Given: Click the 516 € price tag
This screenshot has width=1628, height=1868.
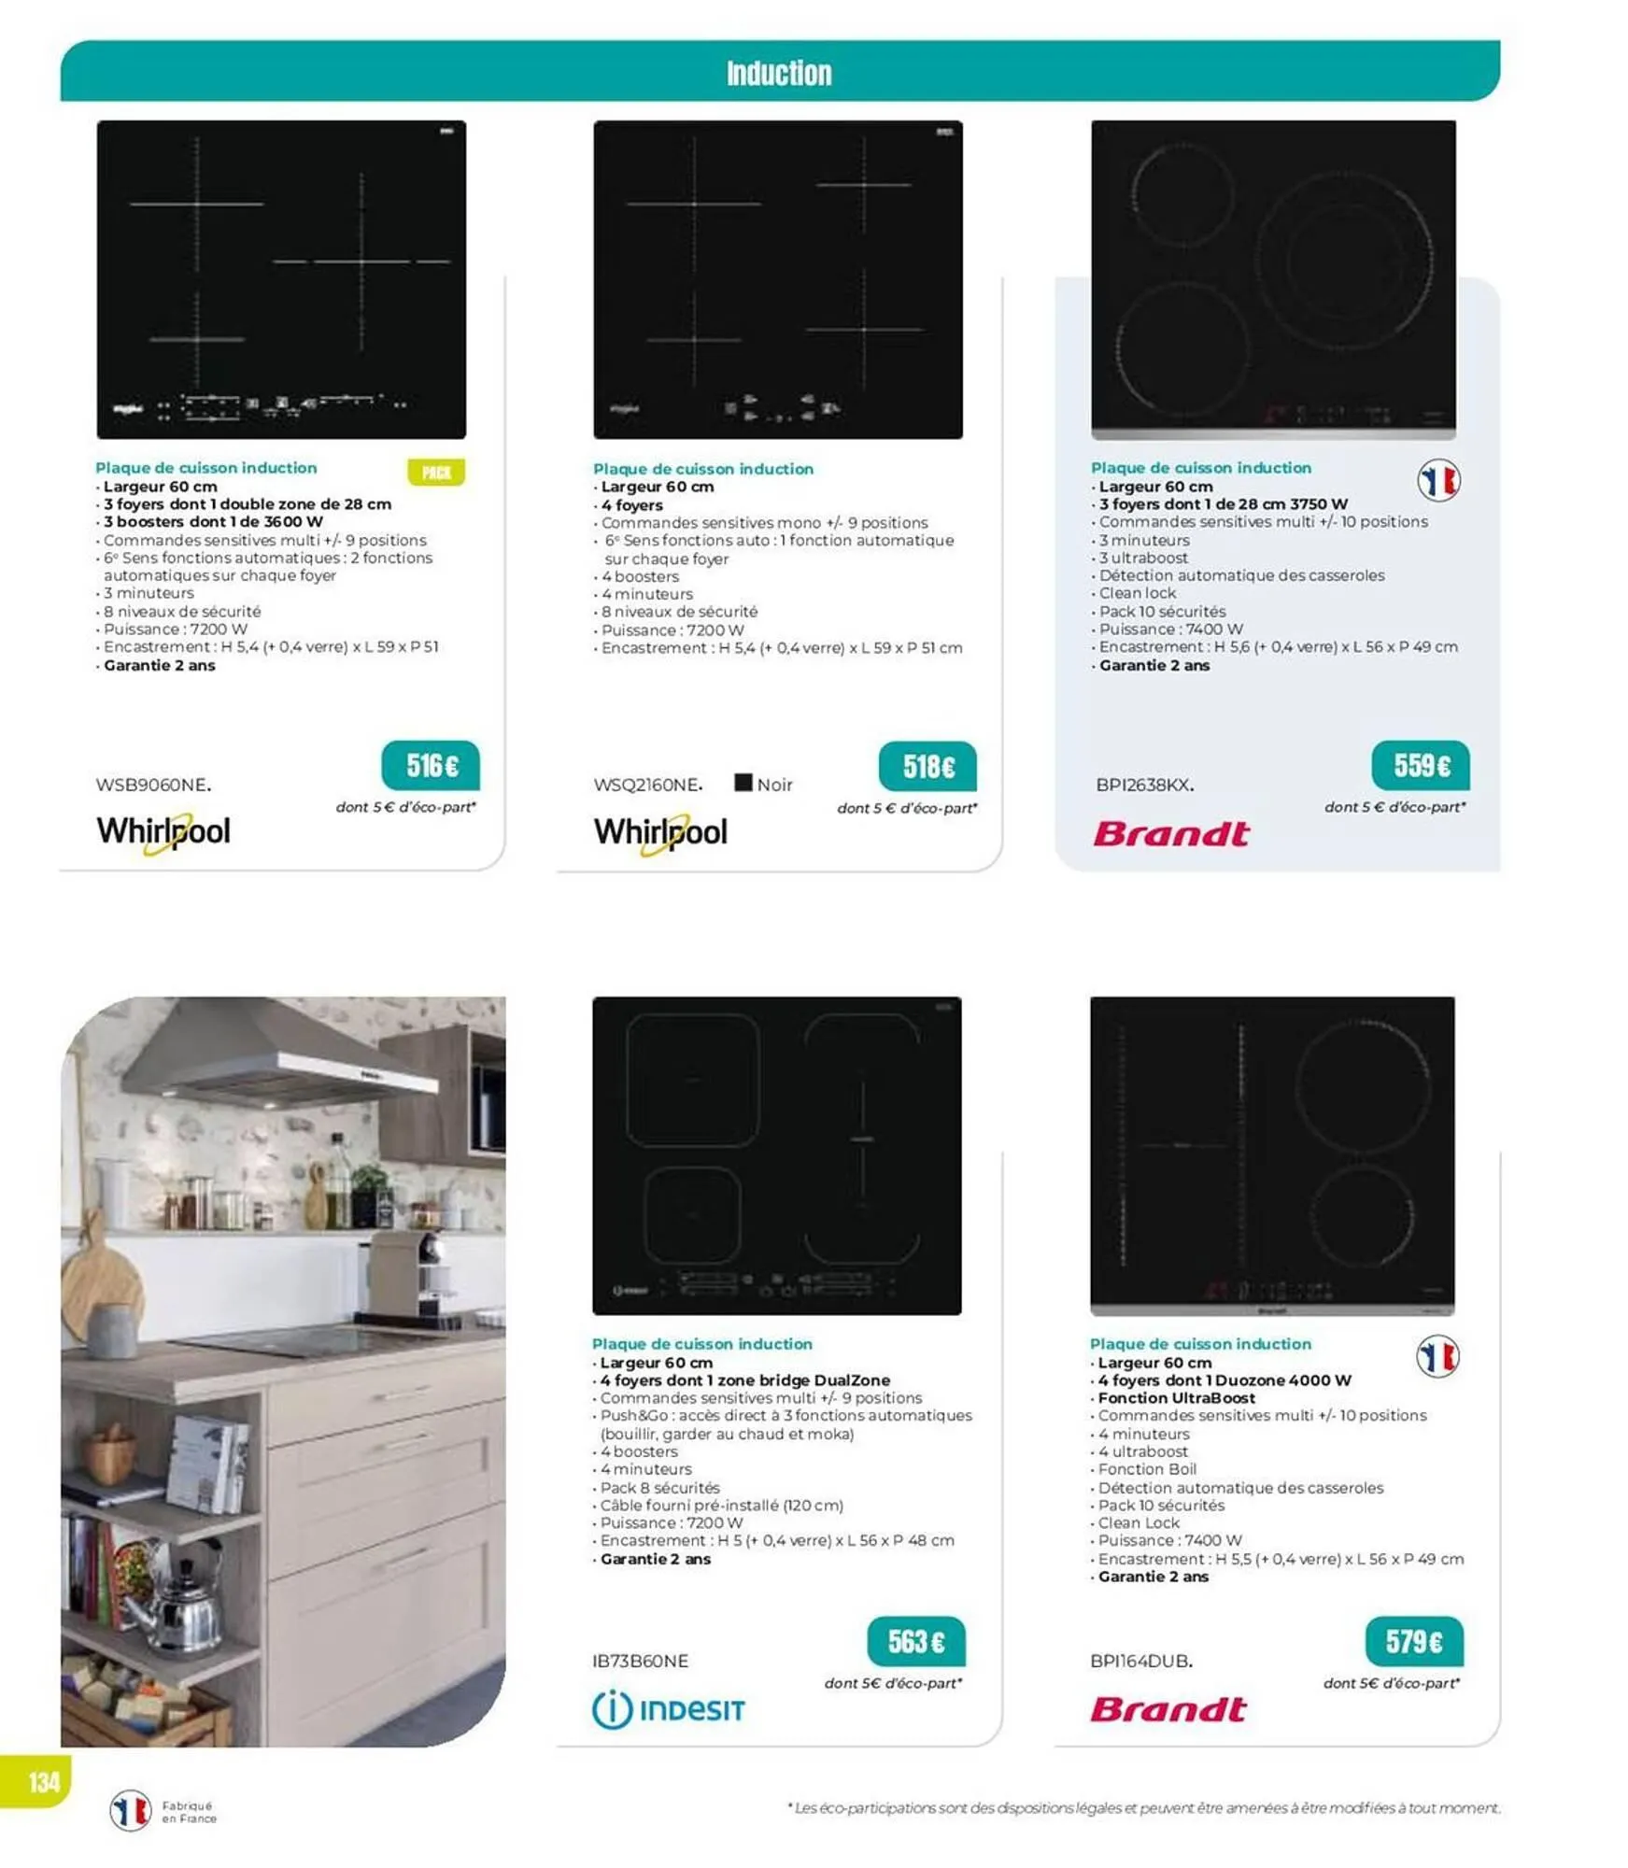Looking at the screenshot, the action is pyautogui.click(x=431, y=766).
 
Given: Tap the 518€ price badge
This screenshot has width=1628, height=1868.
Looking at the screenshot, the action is pyautogui.click(x=927, y=767).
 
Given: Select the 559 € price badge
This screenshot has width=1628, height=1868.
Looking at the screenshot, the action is pyautogui.click(x=1421, y=766).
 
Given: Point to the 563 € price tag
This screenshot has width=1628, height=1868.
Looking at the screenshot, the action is pyautogui.click(x=915, y=1641).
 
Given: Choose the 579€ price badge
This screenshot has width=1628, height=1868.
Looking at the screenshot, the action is pyautogui.click(x=1414, y=1641).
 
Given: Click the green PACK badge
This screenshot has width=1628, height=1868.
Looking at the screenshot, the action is pyautogui.click(x=436, y=473).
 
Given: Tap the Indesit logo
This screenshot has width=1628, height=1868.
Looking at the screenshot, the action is pyautogui.click(x=669, y=1709).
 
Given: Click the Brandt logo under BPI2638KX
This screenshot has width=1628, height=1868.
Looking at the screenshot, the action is pyautogui.click(x=1171, y=834).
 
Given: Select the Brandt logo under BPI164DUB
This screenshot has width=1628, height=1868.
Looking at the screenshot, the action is pyautogui.click(x=1168, y=1709).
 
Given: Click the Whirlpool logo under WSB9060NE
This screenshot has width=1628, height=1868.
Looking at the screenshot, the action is pyautogui.click(x=163, y=832).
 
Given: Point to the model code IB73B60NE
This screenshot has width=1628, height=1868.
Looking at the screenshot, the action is pyautogui.click(x=640, y=1661).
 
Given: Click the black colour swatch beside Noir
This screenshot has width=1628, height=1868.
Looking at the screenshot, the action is pyautogui.click(x=743, y=783).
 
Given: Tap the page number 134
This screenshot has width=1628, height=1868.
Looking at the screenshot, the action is pyautogui.click(x=44, y=1783).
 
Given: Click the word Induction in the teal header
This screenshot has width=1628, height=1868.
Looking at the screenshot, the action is pyautogui.click(x=779, y=73).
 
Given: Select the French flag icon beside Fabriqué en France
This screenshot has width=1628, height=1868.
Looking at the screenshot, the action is pyautogui.click(x=131, y=1811).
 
